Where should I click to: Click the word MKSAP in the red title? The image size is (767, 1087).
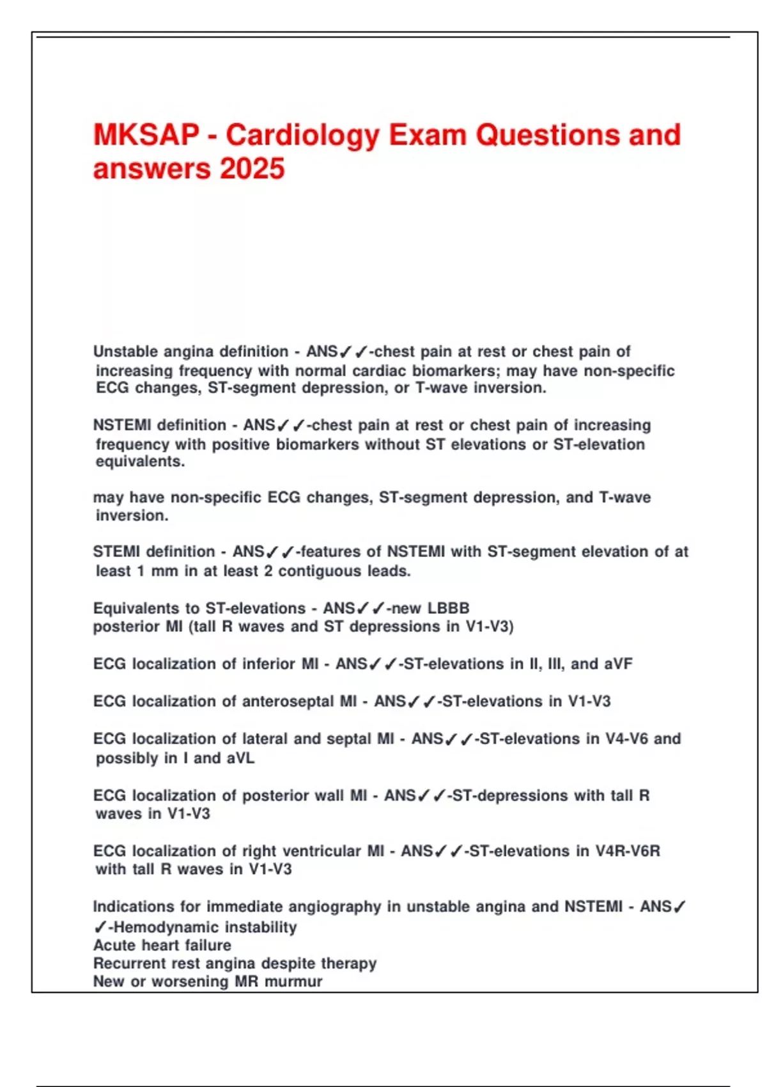click(x=146, y=135)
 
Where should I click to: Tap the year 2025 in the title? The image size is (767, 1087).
click(x=252, y=169)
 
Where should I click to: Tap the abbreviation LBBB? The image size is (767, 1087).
click(x=449, y=608)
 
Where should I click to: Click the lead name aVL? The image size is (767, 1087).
click(x=240, y=758)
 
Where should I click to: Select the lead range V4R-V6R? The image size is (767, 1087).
click(x=628, y=851)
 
